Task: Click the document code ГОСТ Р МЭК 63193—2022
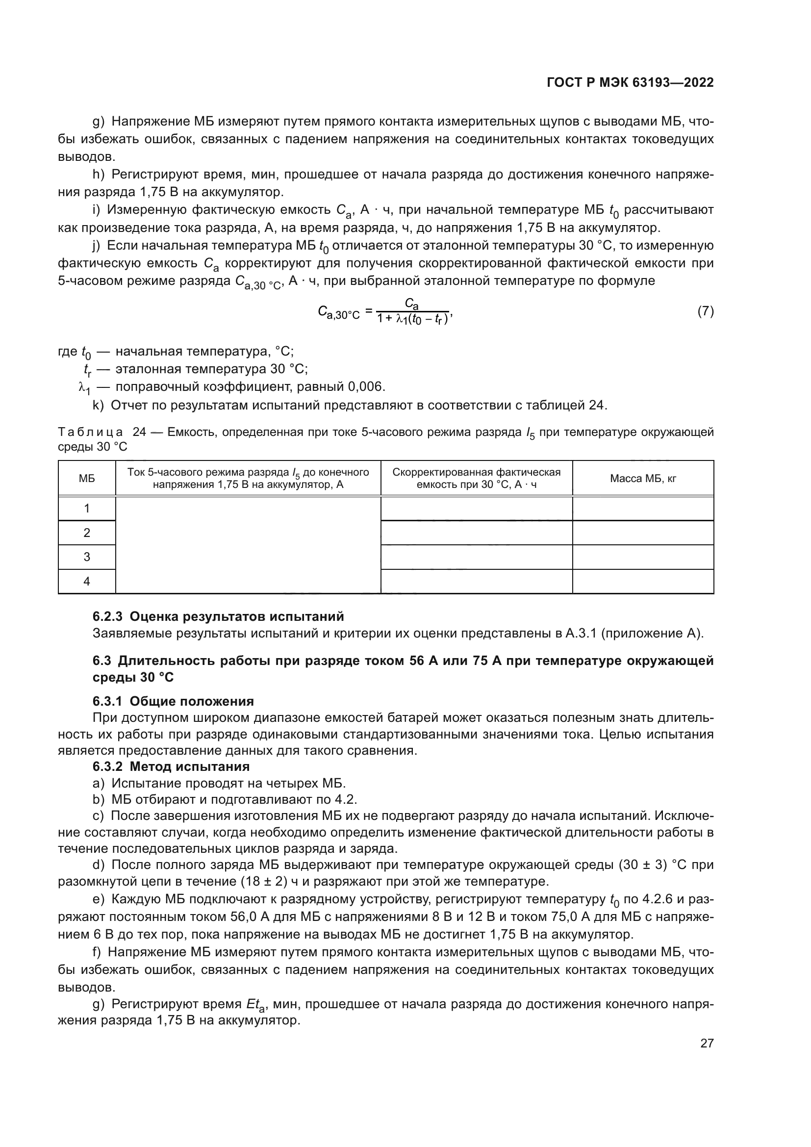[630, 83]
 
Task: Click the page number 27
[707, 1043]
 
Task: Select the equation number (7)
[705, 312]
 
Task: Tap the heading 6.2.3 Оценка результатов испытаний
[218, 616]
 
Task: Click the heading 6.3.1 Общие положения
[173, 701]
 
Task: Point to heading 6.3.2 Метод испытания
[171, 766]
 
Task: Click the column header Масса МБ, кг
[643, 479]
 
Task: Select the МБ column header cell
[87, 479]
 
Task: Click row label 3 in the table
[87, 557]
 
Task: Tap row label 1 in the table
[87, 509]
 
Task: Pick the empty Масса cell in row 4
[643, 582]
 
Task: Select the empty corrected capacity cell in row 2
[477, 533]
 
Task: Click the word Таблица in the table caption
[90, 432]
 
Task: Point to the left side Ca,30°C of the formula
[339, 313]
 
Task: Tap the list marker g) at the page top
[99, 122]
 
